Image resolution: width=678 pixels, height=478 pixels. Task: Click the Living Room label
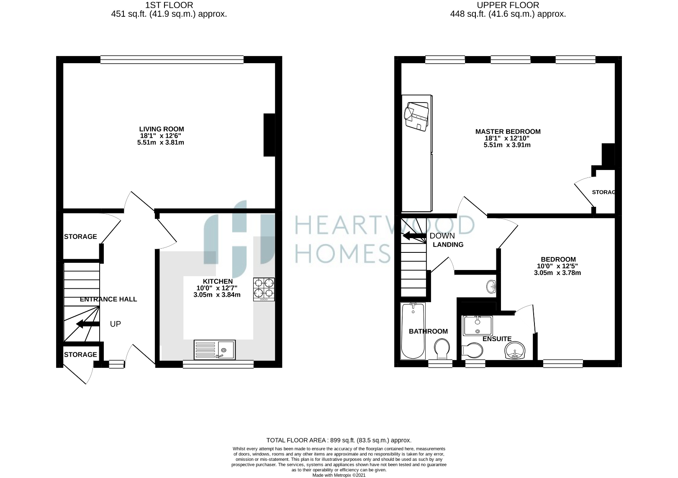[161, 129]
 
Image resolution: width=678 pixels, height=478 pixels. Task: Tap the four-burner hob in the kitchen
[264, 289]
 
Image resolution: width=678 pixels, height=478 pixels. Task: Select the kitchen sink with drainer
[215, 350]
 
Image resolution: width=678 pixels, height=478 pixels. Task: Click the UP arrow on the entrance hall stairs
[88, 324]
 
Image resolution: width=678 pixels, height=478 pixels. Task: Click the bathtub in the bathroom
[413, 331]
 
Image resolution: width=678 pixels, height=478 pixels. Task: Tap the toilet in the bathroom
[442, 349]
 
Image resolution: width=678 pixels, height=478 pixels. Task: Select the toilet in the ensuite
[472, 351]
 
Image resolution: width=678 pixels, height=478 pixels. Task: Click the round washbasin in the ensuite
[514, 351]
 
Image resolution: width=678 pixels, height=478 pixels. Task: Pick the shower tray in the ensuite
[478, 326]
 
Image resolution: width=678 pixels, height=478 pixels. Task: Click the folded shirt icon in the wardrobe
[417, 116]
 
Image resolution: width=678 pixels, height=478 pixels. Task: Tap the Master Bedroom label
[508, 131]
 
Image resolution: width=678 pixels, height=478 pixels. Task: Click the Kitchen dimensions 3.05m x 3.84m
[217, 295]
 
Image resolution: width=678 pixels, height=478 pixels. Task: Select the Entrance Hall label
[108, 299]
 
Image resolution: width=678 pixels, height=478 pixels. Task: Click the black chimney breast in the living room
[269, 135]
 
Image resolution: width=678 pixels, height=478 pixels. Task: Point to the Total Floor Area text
[339, 440]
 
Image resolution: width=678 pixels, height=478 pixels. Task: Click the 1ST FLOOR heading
[169, 5]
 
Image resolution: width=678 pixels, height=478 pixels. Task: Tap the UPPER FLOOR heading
[508, 5]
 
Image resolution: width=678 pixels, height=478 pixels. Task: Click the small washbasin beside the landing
[491, 286]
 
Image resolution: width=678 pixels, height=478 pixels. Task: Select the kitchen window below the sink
[218, 364]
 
